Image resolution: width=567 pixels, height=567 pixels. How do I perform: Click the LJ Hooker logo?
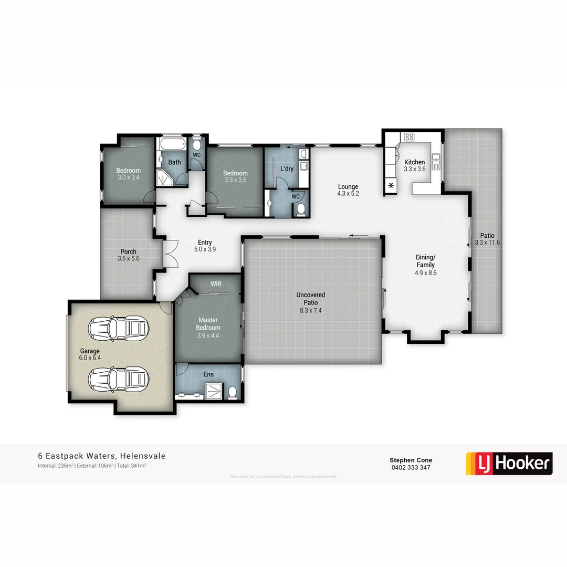point(509,463)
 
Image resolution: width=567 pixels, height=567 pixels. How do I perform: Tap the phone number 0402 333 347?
point(411,467)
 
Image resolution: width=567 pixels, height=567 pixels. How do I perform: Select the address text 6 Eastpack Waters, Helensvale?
point(101,456)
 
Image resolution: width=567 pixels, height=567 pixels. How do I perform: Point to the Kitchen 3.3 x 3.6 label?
point(414,166)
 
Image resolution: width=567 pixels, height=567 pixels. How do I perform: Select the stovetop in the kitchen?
point(409,137)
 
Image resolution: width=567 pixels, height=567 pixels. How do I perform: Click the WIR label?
point(216,283)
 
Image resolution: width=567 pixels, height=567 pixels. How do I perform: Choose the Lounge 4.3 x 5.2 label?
point(348,190)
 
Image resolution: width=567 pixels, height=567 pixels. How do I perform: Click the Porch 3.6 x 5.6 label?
point(128,255)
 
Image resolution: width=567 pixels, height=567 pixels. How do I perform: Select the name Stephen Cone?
point(411,460)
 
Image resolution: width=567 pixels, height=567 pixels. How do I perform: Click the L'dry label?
point(287,169)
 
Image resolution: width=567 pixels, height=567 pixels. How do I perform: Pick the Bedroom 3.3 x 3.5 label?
point(235,177)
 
